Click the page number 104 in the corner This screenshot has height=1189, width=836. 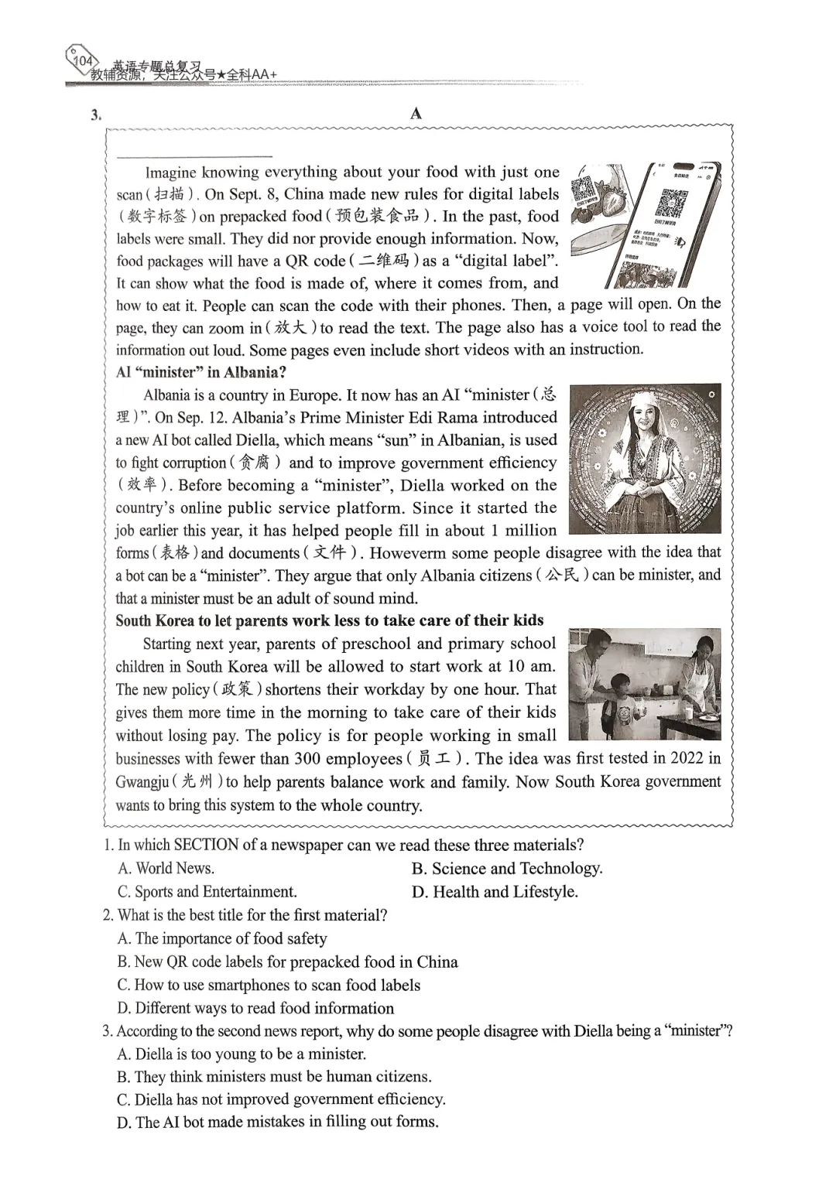82,60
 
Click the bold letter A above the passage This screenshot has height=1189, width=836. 416,114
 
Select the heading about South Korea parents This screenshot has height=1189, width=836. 329,620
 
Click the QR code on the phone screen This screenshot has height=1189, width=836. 668,203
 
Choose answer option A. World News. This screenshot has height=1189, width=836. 166,868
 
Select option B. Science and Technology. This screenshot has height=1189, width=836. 507,868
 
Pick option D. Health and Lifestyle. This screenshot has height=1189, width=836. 495,891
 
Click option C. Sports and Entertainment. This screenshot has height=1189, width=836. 207,891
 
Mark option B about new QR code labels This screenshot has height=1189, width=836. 287,962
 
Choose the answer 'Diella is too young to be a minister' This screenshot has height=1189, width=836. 242,1054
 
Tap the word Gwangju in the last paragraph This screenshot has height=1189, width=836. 142,781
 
